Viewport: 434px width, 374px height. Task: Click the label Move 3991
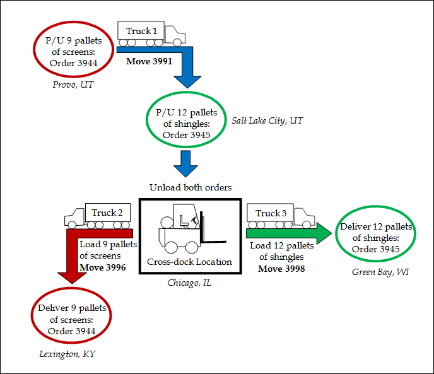tap(149, 62)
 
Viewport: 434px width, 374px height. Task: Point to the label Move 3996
tap(102, 267)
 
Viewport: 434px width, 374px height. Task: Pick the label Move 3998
tap(281, 269)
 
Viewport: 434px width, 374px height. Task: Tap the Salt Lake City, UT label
tap(267, 120)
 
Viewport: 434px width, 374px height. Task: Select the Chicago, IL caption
tap(189, 283)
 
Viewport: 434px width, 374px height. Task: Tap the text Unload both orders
tap(191, 187)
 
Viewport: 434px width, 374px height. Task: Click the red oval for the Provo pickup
tap(71, 47)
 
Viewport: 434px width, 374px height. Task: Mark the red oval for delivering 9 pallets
tap(71, 319)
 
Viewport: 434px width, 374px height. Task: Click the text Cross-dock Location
tap(189, 262)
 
